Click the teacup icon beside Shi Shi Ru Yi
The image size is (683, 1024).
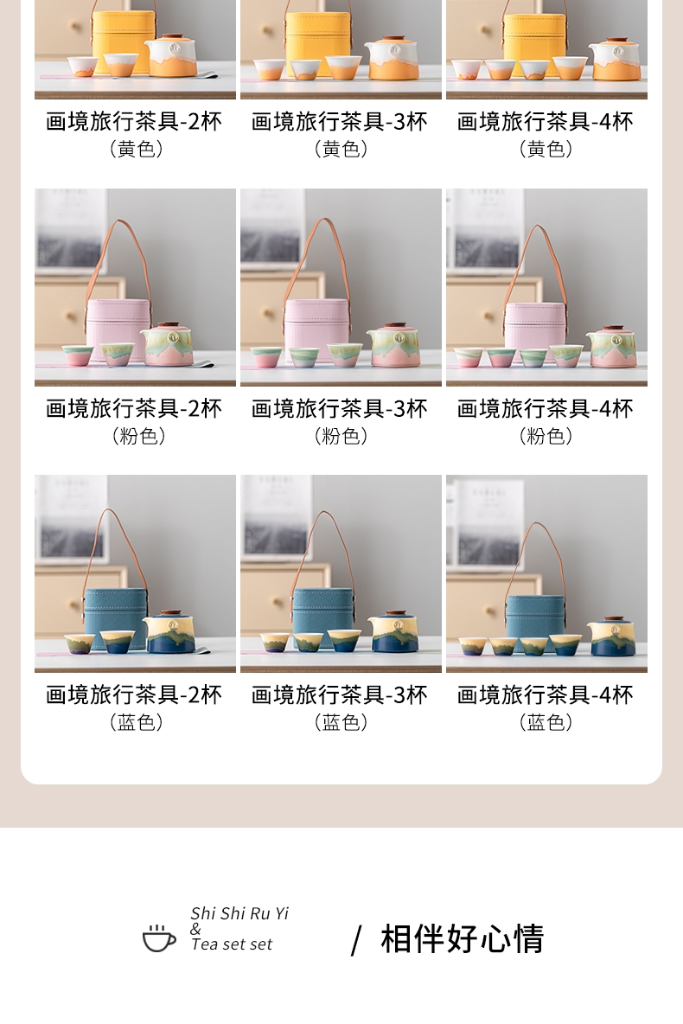tap(159, 938)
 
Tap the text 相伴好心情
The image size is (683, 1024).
tap(463, 939)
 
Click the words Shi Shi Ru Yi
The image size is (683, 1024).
tap(239, 913)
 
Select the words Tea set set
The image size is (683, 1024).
tap(232, 944)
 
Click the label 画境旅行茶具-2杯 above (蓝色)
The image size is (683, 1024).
tap(134, 694)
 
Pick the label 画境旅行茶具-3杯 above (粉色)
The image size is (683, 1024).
tap(340, 409)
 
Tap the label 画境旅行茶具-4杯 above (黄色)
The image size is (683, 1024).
tap(546, 121)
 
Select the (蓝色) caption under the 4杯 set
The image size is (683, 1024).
tap(546, 721)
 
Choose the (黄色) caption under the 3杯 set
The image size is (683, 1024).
tap(341, 149)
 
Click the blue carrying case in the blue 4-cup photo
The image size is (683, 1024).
tap(535, 615)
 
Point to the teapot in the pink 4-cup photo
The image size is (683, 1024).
tap(610, 346)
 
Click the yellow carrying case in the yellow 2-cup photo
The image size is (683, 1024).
tap(124, 38)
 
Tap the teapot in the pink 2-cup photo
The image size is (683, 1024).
tap(167, 344)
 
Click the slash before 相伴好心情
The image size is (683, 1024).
tap(356, 941)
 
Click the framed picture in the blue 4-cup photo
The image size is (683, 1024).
tap(485, 522)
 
